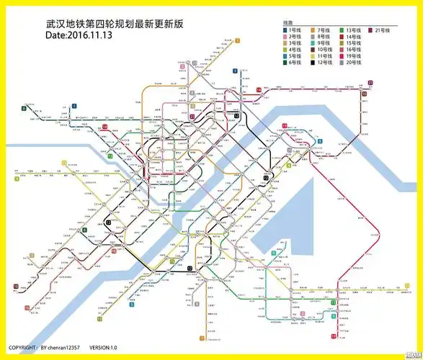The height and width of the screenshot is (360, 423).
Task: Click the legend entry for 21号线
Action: tap(380, 30)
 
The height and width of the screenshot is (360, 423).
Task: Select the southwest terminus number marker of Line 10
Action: tap(15, 287)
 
